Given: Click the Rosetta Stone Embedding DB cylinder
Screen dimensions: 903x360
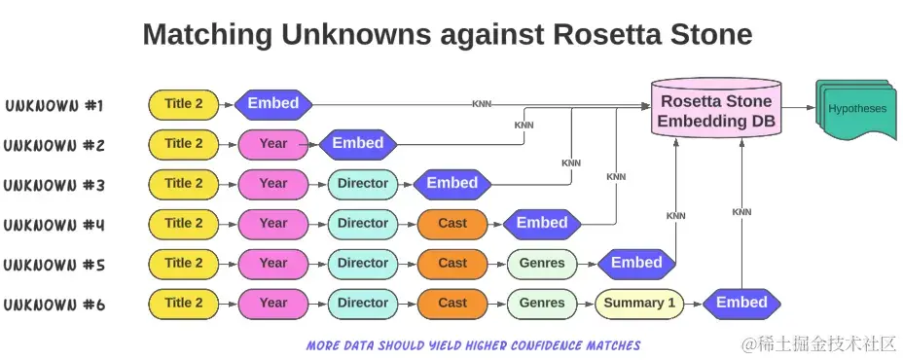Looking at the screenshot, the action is pos(716,109).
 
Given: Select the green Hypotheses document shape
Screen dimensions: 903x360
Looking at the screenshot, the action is pos(855,109).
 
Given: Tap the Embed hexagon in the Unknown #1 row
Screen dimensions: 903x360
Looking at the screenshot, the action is pos(273,104).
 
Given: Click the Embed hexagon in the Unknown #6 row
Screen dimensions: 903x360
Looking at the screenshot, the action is pos(741,303).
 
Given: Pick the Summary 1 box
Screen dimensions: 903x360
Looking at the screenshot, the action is pos(639,303).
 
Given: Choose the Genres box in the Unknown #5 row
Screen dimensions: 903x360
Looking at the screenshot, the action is pos(542,264).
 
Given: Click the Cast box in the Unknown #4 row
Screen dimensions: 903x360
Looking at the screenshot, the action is pos(452,224).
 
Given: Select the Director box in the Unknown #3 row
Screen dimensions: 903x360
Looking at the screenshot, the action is pos(363,184).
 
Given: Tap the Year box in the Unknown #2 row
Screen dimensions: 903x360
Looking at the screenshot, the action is pos(273,144).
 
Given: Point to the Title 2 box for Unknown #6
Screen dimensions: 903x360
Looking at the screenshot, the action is pos(184,303).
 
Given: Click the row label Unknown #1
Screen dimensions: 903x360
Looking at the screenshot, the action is pos(54,105).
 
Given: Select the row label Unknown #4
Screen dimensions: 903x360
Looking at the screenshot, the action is pos(54,225).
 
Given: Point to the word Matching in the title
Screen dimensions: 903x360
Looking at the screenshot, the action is pos(207,36).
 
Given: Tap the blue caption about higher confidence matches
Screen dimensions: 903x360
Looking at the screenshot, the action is pos(473,345).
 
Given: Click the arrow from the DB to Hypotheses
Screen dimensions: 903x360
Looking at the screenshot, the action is pos(799,108).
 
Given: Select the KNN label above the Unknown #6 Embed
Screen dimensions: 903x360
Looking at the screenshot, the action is pos(741,212).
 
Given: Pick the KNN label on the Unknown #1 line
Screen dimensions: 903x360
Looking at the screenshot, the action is pos(482,104).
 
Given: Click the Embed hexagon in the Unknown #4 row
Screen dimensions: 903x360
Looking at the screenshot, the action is pos(542,224).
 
